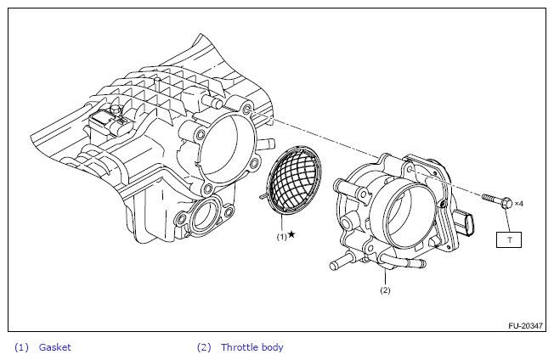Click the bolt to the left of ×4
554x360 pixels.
496,202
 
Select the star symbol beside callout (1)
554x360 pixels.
291,234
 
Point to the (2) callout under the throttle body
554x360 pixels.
384,290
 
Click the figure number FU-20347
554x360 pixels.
526,325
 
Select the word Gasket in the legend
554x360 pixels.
55,347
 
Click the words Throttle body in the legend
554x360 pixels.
252,347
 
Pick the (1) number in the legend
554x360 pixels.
21,347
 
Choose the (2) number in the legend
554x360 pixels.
204,347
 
